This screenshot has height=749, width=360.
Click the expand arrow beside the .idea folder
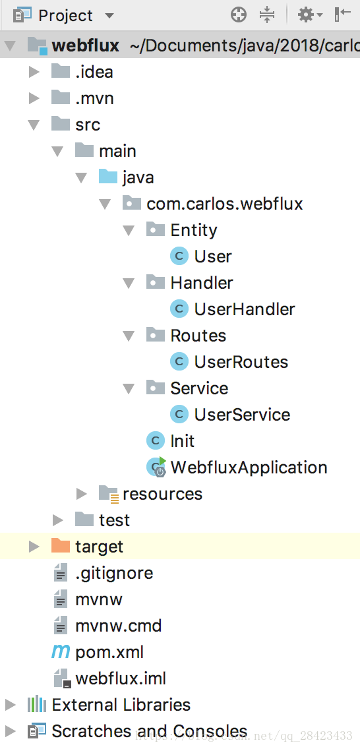point(34,72)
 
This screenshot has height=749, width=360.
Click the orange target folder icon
point(61,546)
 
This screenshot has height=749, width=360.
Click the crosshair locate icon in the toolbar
point(239,15)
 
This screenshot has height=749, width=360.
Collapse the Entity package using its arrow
point(129,231)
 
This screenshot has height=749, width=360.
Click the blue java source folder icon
point(108,177)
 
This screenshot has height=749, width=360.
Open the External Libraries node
point(121,705)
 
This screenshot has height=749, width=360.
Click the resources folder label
point(162,494)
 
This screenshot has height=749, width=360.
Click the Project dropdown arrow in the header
point(109,16)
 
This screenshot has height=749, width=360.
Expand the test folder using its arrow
point(58,520)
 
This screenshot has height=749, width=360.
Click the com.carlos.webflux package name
point(225,204)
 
